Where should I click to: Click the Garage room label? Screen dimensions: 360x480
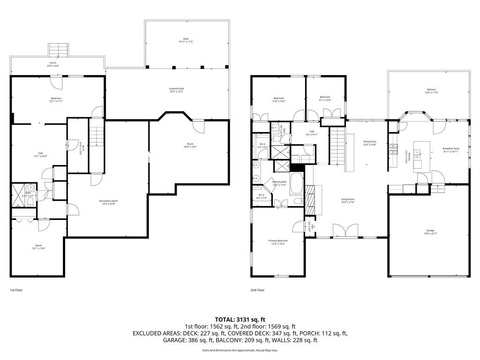click(430, 231)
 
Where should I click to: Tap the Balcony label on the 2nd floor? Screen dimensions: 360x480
click(431, 90)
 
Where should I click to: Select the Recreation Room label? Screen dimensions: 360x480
click(108, 201)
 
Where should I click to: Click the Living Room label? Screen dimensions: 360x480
click(347, 199)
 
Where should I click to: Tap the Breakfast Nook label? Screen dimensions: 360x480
click(451, 149)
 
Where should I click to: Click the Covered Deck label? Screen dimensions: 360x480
click(176, 89)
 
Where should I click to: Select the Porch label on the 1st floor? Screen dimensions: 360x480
click(53, 63)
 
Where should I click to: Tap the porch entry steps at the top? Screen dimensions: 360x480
click(59, 49)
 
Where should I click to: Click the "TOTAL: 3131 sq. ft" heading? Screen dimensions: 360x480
click(240, 319)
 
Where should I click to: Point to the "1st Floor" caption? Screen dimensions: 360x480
click(16, 290)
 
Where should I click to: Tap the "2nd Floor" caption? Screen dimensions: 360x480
click(257, 290)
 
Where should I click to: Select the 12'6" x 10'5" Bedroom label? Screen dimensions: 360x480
click(278, 99)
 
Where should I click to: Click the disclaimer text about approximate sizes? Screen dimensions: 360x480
click(240, 350)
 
